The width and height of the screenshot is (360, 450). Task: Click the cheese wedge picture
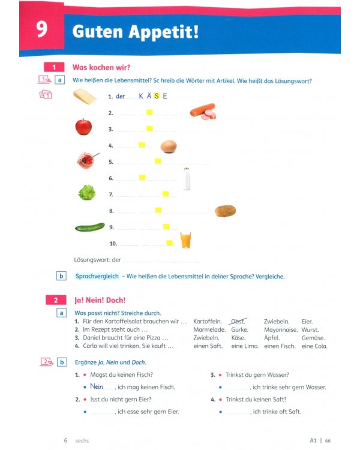coord(85,97)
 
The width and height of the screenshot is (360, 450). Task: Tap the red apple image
coord(83,127)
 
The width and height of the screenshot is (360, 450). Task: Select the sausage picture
coord(203,112)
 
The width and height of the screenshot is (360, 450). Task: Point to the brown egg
coord(169,146)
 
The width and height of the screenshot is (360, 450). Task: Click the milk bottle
coord(187,179)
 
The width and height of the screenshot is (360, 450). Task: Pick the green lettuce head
coord(86,193)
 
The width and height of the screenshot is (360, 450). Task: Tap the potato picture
coord(226,211)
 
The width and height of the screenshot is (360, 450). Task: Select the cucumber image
coord(90,227)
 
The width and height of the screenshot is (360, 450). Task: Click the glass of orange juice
coord(185,240)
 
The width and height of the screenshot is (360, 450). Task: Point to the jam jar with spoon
coord(88,160)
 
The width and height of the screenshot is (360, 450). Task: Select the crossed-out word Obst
coord(238,322)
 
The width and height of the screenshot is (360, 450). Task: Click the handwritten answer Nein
coord(97,386)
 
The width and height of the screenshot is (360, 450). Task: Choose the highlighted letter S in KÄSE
coord(157,96)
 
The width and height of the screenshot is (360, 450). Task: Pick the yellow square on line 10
coord(170,243)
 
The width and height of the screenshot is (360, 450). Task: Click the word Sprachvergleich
coord(97,276)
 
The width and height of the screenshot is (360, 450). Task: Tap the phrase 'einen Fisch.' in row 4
coord(280,346)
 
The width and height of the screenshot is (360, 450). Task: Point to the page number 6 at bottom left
coord(66,440)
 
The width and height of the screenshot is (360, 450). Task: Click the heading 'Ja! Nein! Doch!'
coord(100,300)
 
